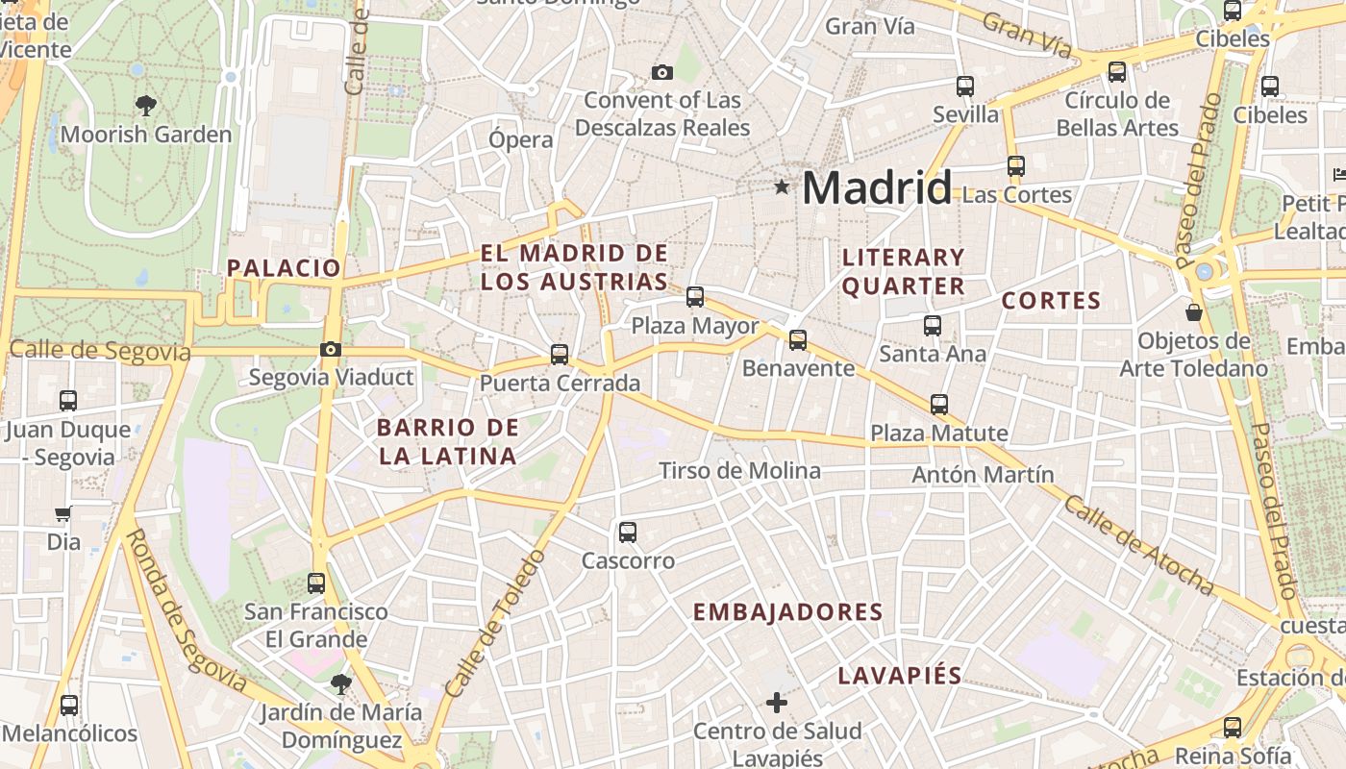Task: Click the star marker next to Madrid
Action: pyautogui.click(x=782, y=187)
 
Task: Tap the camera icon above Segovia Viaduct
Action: pyautogui.click(x=331, y=349)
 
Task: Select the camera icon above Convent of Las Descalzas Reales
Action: pyautogui.click(x=661, y=72)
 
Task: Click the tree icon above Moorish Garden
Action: pyautogui.click(x=146, y=105)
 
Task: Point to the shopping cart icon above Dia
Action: pyautogui.click(x=63, y=513)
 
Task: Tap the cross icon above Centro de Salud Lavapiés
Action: pyautogui.click(x=777, y=704)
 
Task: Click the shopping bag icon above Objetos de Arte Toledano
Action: pyautogui.click(x=1193, y=312)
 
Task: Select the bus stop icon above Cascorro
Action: pyautogui.click(x=628, y=532)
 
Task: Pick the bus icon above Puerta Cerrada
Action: pyautogui.click(x=560, y=355)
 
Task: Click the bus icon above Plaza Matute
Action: pyautogui.click(x=939, y=405)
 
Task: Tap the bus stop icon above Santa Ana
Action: pyautogui.click(x=932, y=326)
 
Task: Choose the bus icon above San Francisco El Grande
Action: pyautogui.click(x=315, y=583)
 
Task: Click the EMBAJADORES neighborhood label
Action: pyautogui.click(x=787, y=612)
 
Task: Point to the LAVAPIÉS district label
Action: pyautogui.click(x=899, y=675)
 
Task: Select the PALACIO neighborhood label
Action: pyautogui.click(x=284, y=268)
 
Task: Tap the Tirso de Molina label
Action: pyautogui.click(x=739, y=471)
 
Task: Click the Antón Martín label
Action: pyautogui.click(x=983, y=475)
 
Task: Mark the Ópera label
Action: pyautogui.click(x=521, y=139)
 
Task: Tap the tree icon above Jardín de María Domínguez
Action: pyautogui.click(x=340, y=684)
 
